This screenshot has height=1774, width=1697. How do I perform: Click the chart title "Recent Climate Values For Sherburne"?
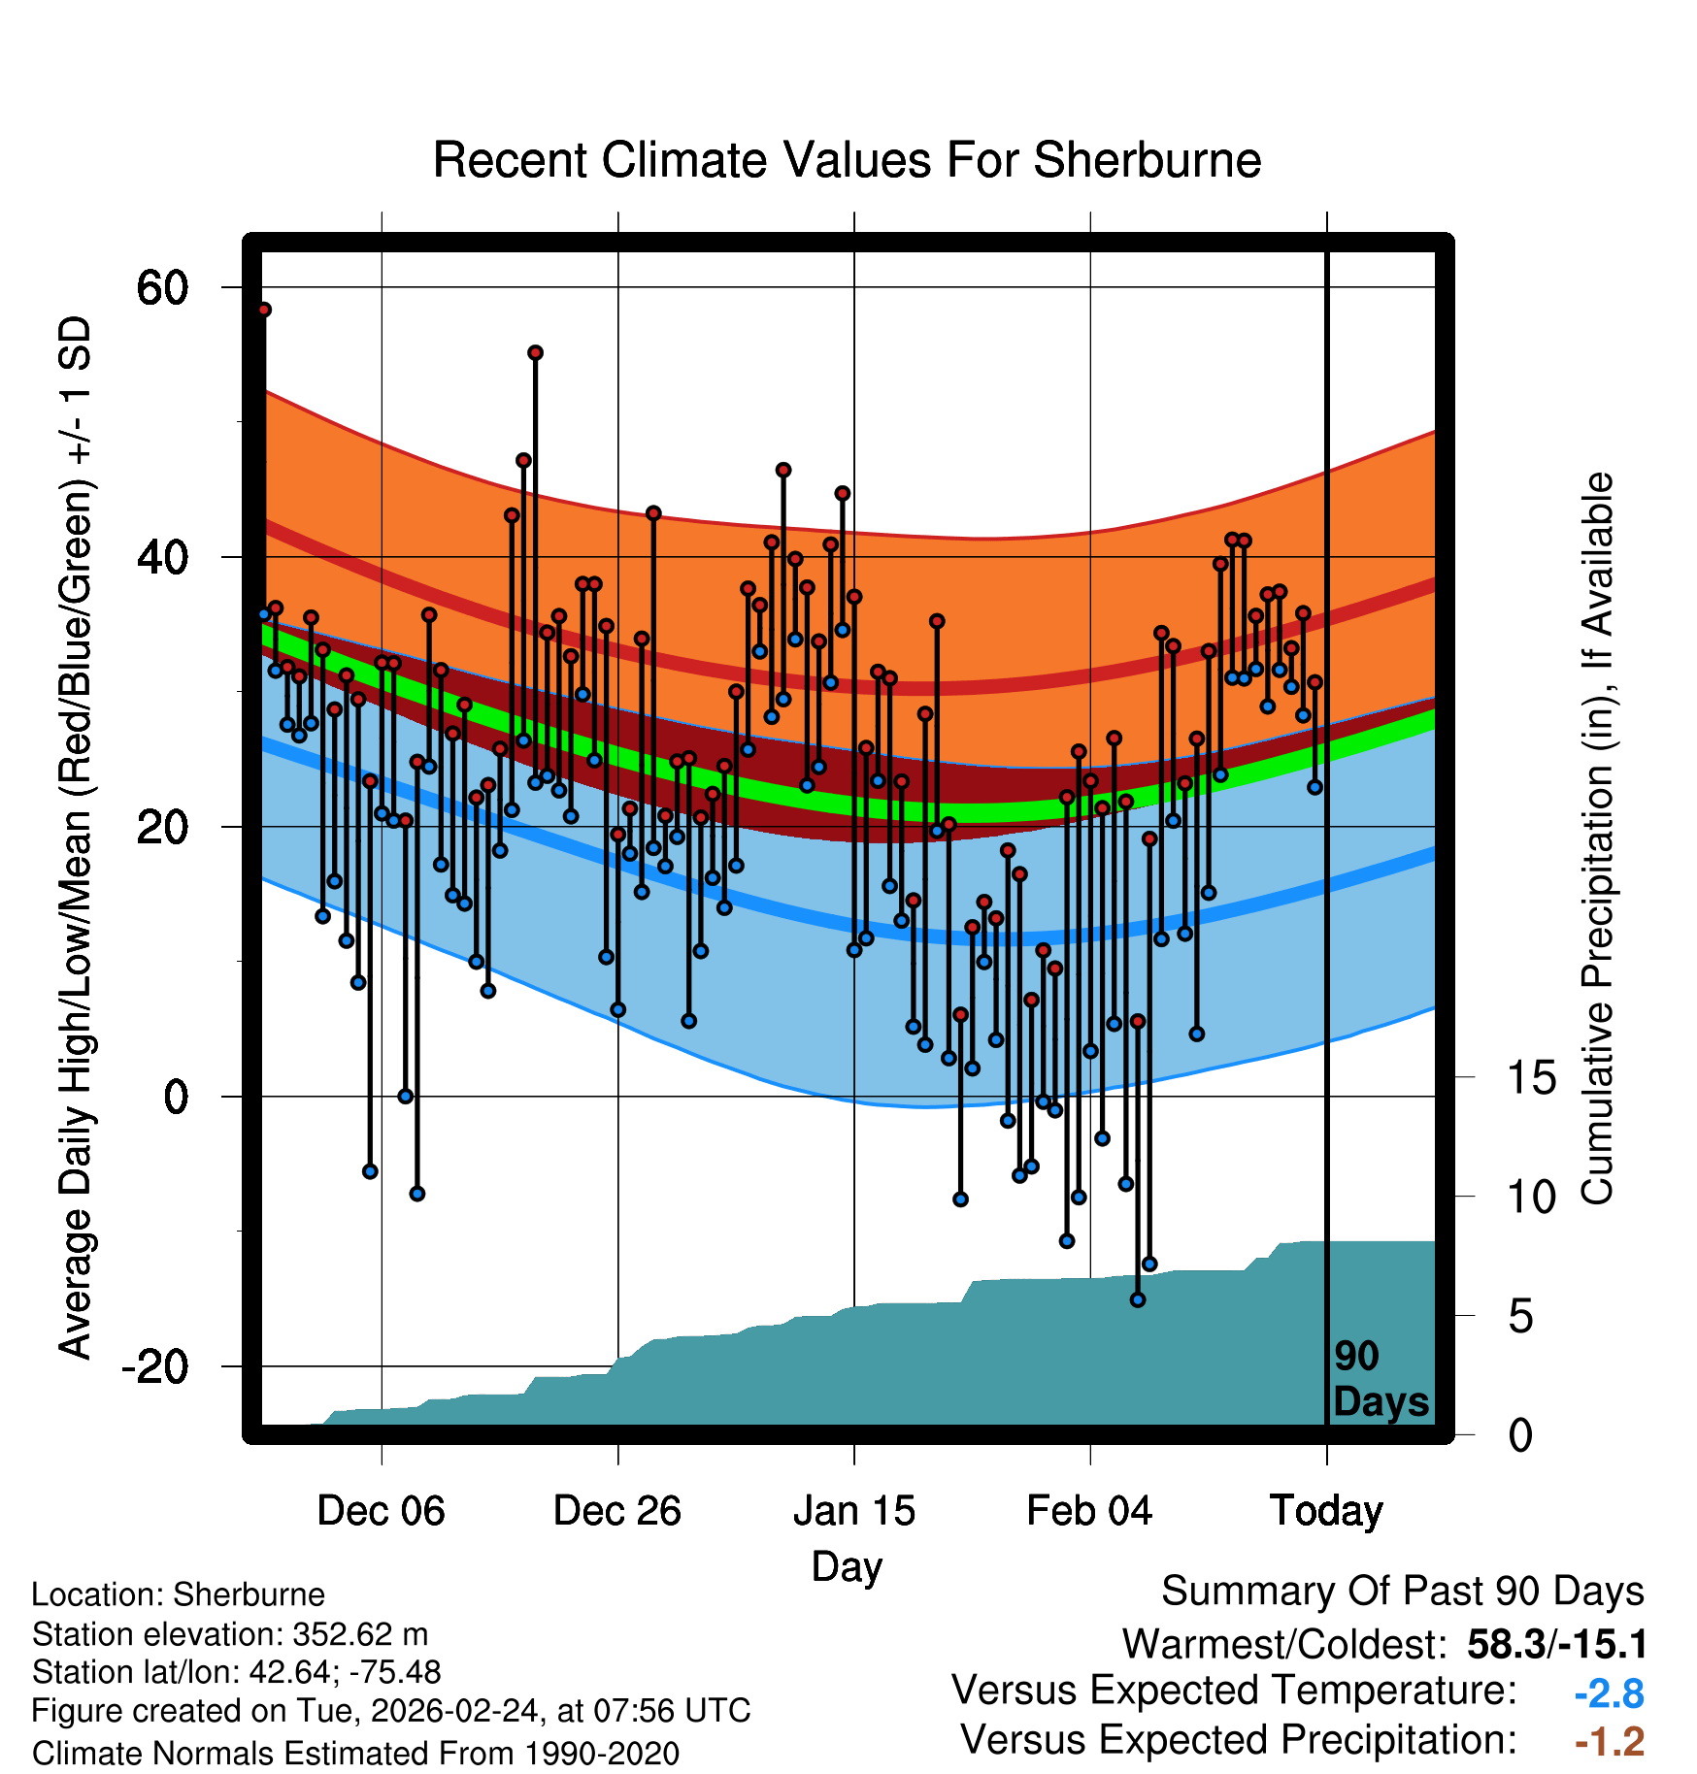pyautogui.click(x=847, y=160)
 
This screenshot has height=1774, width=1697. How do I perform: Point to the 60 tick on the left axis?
pyautogui.click(x=163, y=288)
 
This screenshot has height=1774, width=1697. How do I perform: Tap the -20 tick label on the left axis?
pyautogui.click(x=155, y=1366)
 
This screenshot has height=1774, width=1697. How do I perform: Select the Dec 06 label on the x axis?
pyautogui.click(x=381, y=1511)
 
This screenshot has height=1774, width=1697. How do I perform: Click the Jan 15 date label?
pyautogui.click(x=853, y=1511)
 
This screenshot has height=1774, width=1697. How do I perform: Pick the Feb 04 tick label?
pyautogui.click(x=1089, y=1511)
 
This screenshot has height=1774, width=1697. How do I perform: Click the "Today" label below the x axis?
pyautogui.click(x=1326, y=1511)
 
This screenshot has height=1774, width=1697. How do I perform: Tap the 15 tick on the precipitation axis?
pyautogui.click(x=1531, y=1078)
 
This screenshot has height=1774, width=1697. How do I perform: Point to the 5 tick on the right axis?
pyautogui.click(x=1520, y=1317)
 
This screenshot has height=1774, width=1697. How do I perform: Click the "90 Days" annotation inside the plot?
pyautogui.click(x=1380, y=1379)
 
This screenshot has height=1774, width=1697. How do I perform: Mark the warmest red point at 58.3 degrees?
pyautogui.click(x=264, y=310)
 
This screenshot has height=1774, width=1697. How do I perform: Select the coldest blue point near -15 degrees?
pyautogui.click(x=1138, y=1299)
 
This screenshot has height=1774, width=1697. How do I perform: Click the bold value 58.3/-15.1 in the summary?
pyautogui.click(x=1557, y=1644)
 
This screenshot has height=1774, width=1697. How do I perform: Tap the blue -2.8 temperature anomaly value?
pyautogui.click(x=1609, y=1693)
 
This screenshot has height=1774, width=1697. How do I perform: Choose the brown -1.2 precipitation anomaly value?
pyautogui.click(x=1609, y=1742)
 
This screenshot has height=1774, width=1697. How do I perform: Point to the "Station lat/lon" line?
pyautogui.click(x=236, y=1672)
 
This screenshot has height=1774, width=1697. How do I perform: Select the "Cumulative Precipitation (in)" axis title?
pyautogui.click(x=1597, y=838)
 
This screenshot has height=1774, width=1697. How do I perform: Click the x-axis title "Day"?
pyautogui.click(x=847, y=1566)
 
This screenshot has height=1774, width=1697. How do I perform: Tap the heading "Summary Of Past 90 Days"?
pyautogui.click(x=1402, y=1592)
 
